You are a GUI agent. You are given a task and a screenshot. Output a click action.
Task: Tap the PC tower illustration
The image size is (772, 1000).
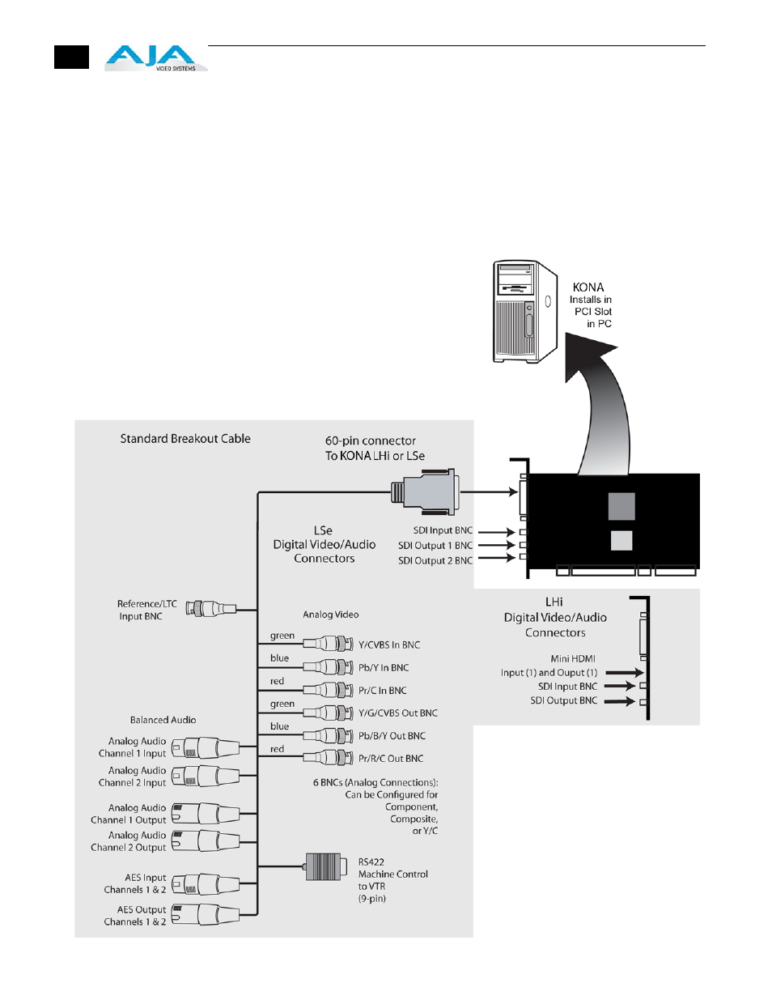525,312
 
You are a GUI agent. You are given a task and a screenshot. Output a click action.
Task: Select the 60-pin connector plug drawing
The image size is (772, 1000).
425,491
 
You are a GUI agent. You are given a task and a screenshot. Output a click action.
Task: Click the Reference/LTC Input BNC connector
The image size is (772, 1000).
210,609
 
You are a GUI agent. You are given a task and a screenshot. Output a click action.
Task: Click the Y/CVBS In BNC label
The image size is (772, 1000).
389,645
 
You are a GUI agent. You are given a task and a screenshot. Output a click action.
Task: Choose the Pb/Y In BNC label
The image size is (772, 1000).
384,668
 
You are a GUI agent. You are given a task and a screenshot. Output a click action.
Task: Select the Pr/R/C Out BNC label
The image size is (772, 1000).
391,759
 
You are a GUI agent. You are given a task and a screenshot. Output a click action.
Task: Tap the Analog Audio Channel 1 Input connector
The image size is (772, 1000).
206,747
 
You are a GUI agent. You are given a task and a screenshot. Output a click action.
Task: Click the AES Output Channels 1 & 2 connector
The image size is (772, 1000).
206,915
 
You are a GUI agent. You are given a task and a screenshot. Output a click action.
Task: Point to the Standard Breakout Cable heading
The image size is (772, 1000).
185,439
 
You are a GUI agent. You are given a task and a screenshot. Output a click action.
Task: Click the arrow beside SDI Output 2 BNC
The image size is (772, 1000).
496,559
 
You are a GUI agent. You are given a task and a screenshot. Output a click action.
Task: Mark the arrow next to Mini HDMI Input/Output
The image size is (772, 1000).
624,672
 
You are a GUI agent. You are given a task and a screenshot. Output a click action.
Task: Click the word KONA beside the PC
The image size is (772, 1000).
588,287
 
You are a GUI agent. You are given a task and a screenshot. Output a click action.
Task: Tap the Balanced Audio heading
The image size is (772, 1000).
163,720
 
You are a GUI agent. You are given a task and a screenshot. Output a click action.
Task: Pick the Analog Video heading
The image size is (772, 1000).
330,615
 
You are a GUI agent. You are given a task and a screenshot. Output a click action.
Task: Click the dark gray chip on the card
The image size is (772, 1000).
621,506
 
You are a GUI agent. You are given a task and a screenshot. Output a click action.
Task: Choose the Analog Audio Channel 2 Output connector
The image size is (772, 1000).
206,840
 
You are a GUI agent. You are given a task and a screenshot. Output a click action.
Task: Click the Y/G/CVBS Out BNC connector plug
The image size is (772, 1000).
327,713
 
